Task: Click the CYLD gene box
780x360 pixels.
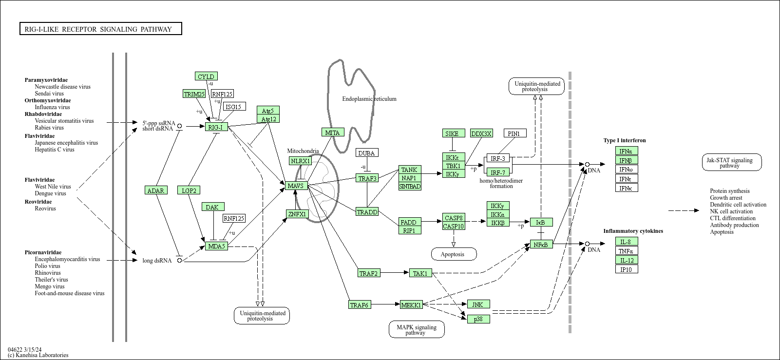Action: (x=206, y=76)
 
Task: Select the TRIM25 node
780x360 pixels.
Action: (x=194, y=94)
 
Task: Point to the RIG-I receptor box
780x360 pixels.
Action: (x=216, y=127)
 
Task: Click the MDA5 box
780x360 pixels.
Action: (x=216, y=246)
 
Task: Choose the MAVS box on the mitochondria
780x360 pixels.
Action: (x=296, y=186)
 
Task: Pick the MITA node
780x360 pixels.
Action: (x=332, y=133)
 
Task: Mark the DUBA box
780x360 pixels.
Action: (x=366, y=153)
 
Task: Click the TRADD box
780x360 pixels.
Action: (x=367, y=212)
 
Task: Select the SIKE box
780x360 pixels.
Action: (x=452, y=133)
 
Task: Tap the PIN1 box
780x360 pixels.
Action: (x=514, y=133)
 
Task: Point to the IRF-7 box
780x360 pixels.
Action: (x=498, y=172)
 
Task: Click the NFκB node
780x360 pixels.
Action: (x=541, y=244)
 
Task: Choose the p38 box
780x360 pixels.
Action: (x=478, y=319)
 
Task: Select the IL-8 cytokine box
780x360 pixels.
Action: (x=626, y=242)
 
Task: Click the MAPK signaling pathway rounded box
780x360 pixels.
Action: (x=416, y=330)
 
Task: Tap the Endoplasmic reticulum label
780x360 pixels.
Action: (x=369, y=99)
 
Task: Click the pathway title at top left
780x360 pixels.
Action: (x=100, y=29)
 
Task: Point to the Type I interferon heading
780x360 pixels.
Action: (x=624, y=140)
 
